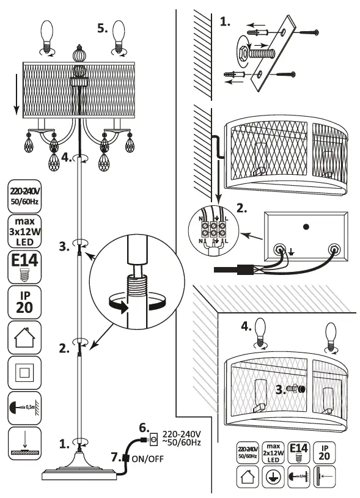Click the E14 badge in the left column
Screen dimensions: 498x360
(24, 267)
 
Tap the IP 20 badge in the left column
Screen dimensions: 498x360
(24, 301)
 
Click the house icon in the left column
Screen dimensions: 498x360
(24, 336)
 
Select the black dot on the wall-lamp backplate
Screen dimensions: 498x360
(306, 227)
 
